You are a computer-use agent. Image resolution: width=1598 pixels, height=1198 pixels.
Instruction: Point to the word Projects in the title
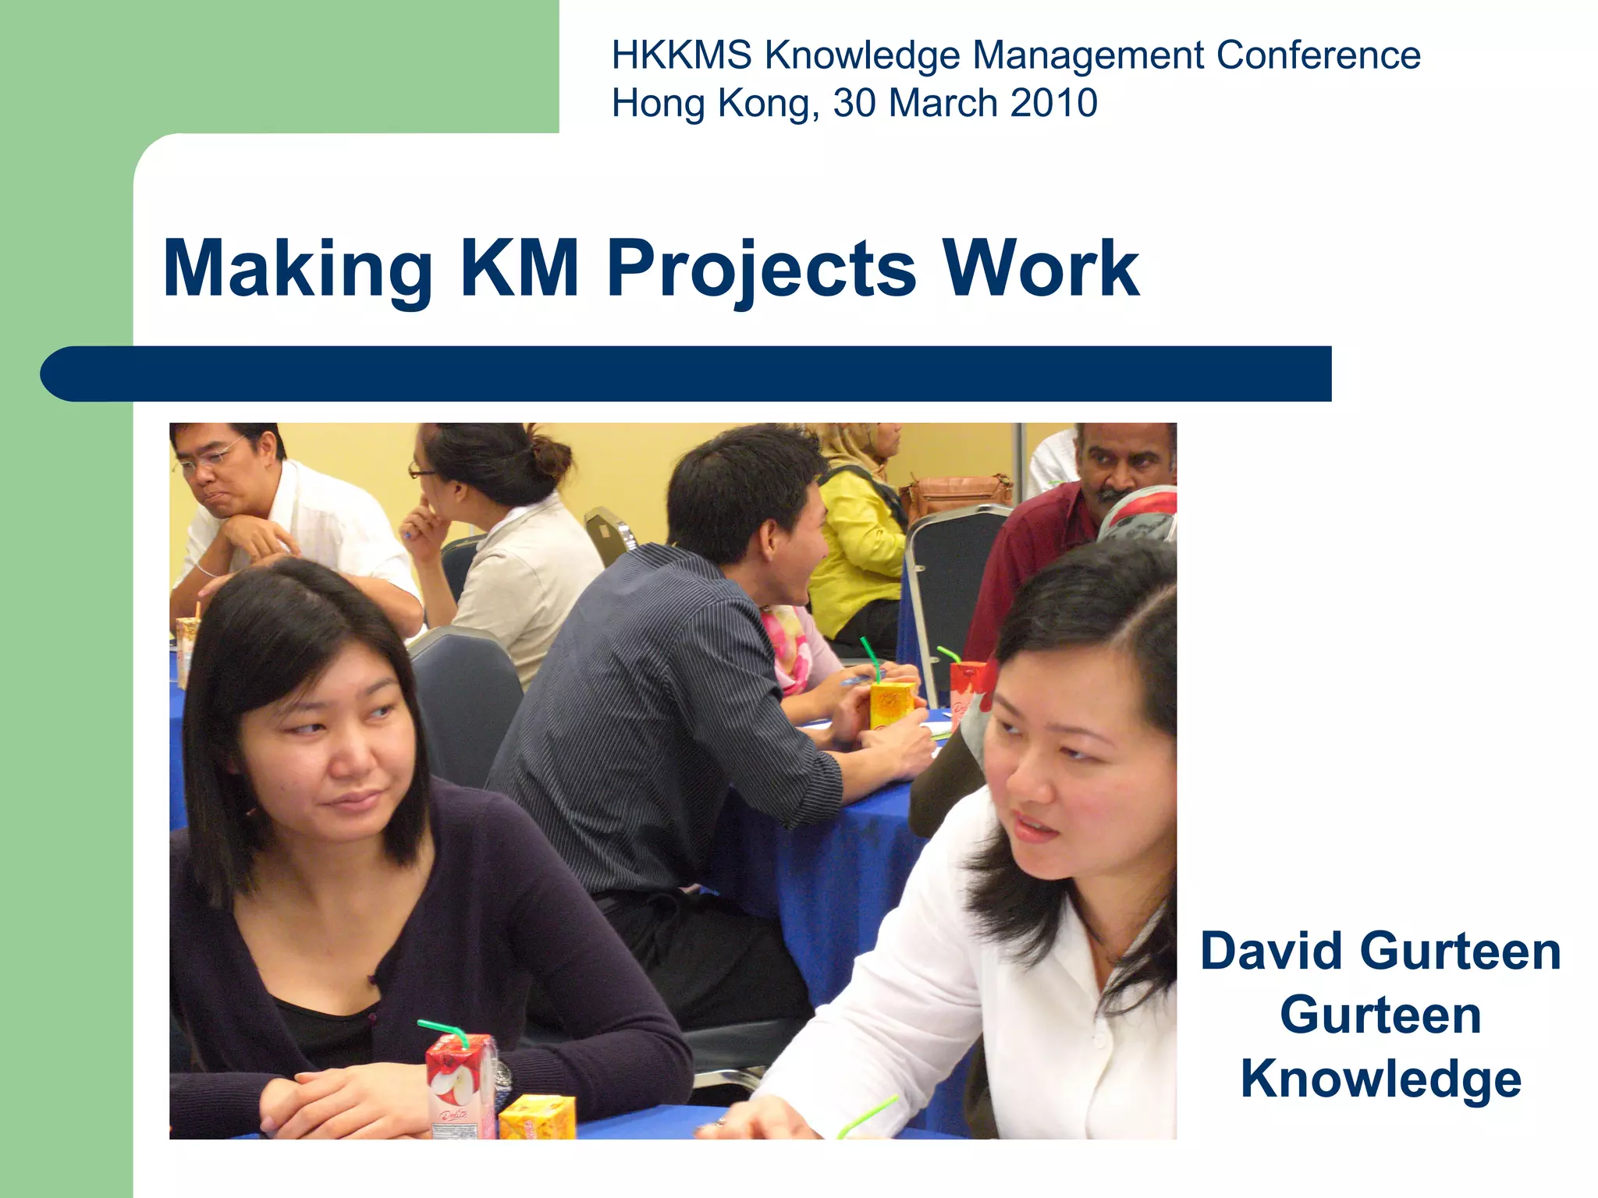point(761,269)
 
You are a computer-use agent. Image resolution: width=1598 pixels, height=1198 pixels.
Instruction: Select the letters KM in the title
point(520,269)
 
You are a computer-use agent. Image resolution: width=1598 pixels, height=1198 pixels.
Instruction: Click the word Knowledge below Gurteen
point(1380,1079)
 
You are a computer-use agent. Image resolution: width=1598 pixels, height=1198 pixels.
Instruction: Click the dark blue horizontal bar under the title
point(687,374)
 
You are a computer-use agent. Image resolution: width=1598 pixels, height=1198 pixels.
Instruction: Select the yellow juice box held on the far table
point(891,704)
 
